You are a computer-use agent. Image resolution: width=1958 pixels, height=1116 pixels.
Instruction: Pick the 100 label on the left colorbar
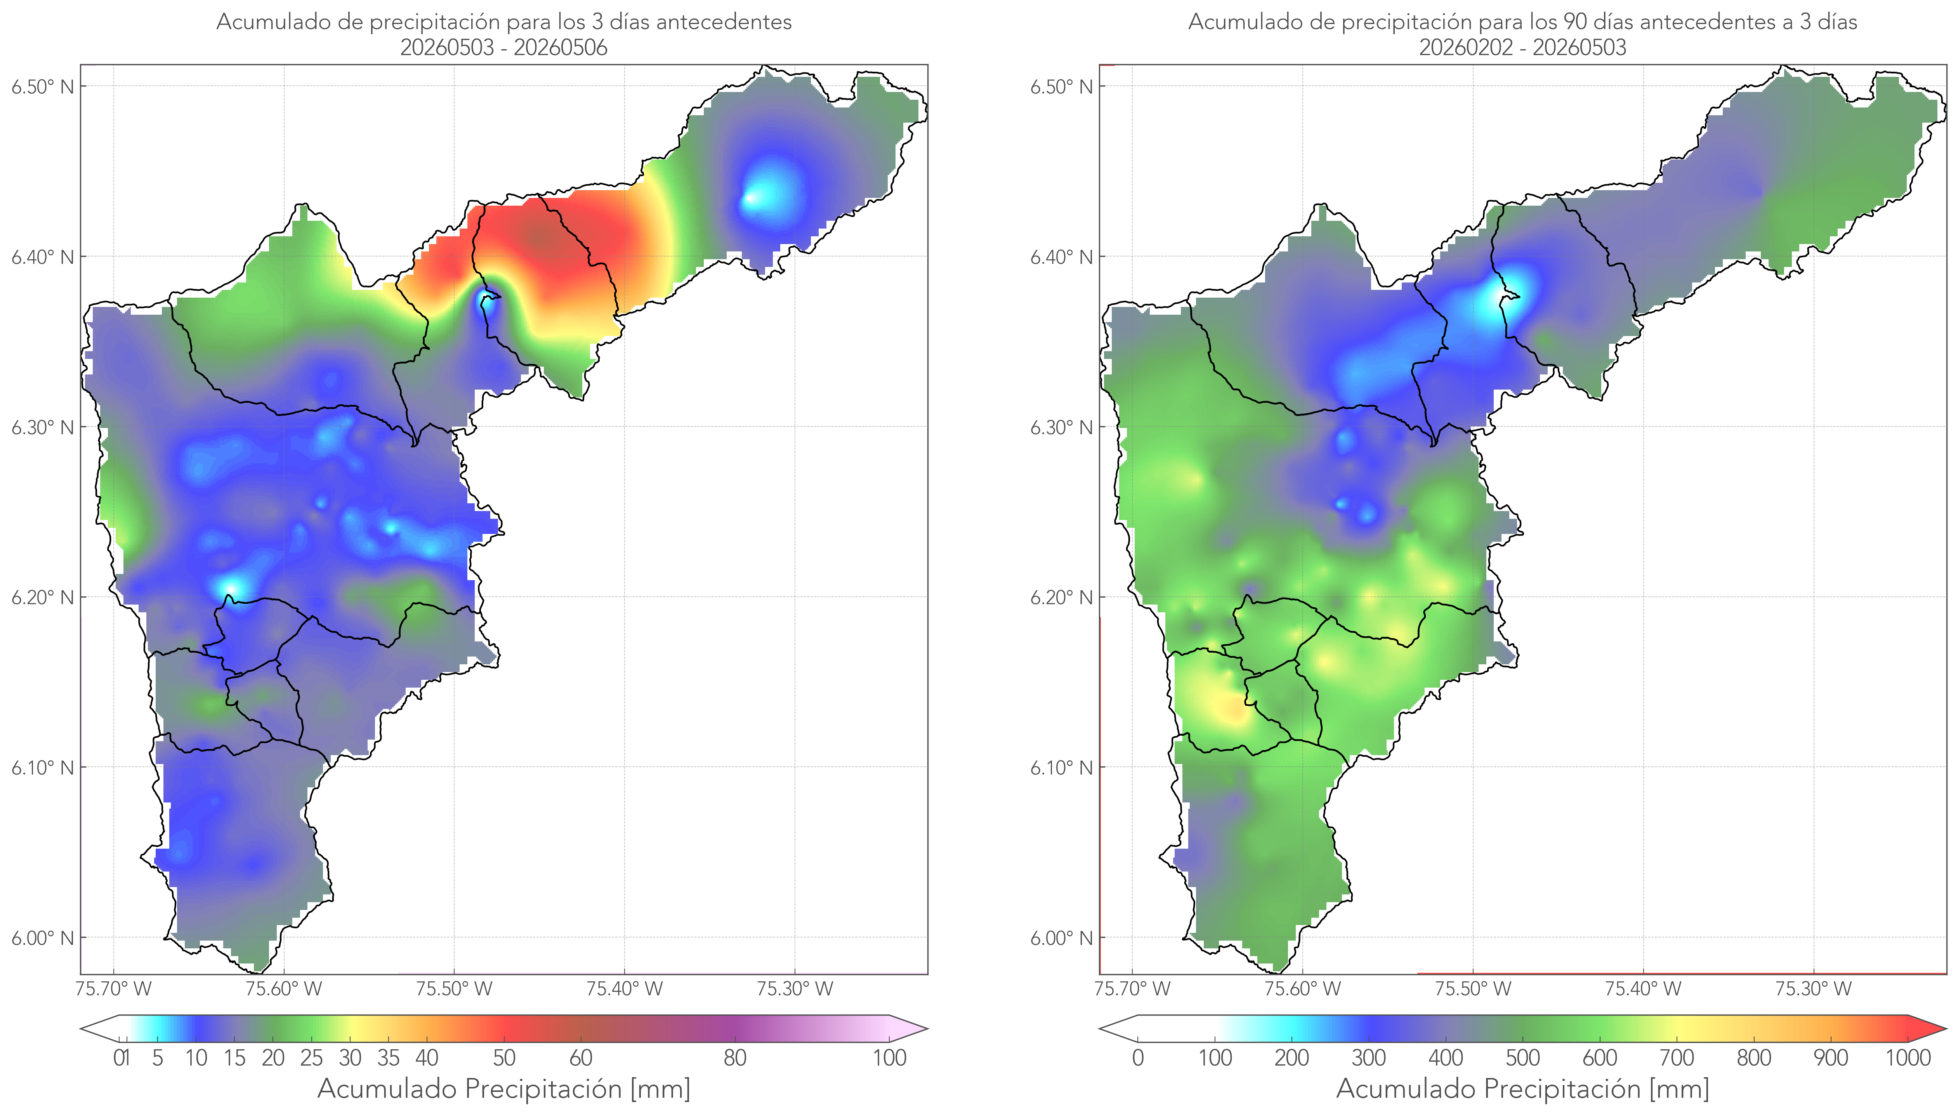pyautogui.click(x=889, y=1058)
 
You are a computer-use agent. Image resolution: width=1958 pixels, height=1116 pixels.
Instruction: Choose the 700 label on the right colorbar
pyautogui.click(x=1677, y=1058)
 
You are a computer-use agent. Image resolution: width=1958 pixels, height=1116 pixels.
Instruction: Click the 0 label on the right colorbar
pyautogui.click(x=1138, y=1058)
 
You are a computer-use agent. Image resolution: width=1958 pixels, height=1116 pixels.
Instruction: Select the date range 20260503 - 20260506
pyautogui.click(x=504, y=47)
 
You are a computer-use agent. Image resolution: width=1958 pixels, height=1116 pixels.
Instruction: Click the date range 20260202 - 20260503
pyautogui.click(x=1522, y=47)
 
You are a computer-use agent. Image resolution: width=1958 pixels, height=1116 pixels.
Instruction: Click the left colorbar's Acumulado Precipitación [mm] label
pyautogui.click(x=504, y=1088)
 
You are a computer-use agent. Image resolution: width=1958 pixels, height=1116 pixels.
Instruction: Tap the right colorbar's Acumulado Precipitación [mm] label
pyautogui.click(x=1522, y=1088)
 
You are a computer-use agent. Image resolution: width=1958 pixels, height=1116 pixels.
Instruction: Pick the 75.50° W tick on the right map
pyautogui.click(x=1473, y=989)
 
